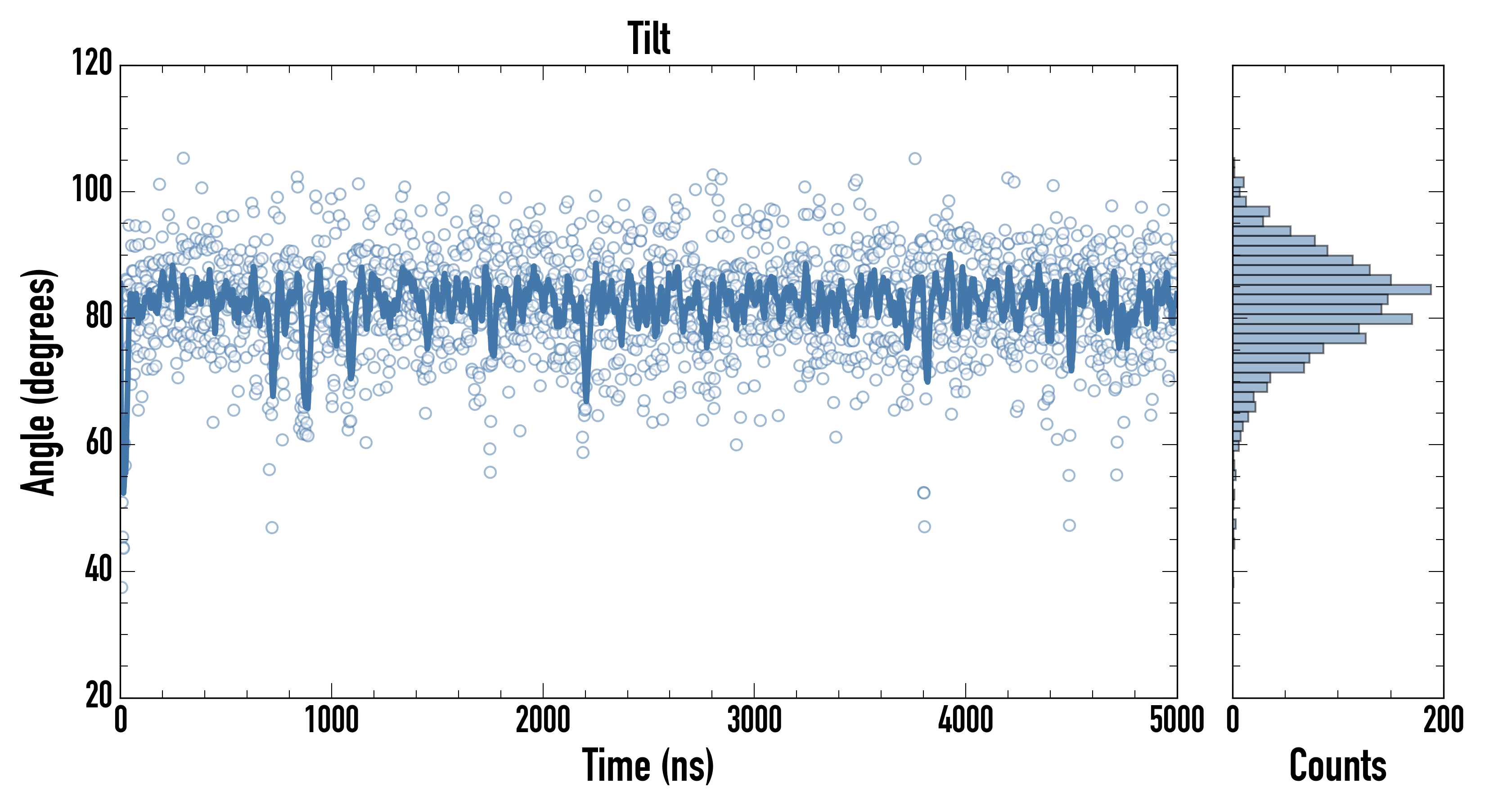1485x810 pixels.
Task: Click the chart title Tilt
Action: (648, 39)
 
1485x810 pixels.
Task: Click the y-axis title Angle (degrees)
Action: (39, 382)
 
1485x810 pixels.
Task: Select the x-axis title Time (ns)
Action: (648, 765)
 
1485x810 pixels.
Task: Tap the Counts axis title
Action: (1337, 765)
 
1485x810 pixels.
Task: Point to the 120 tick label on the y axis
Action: (92, 63)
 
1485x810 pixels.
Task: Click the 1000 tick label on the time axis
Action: (332, 720)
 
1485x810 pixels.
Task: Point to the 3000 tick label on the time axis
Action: (754, 720)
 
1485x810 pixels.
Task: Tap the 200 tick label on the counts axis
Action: (1443, 720)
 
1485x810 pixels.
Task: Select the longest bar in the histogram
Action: (1332, 289)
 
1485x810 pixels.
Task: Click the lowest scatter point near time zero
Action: (122, 587)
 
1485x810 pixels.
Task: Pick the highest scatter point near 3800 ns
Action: (915, 158)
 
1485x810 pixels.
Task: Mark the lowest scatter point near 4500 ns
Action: (1069, 525)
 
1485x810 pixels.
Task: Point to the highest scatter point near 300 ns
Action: (183, 158)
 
